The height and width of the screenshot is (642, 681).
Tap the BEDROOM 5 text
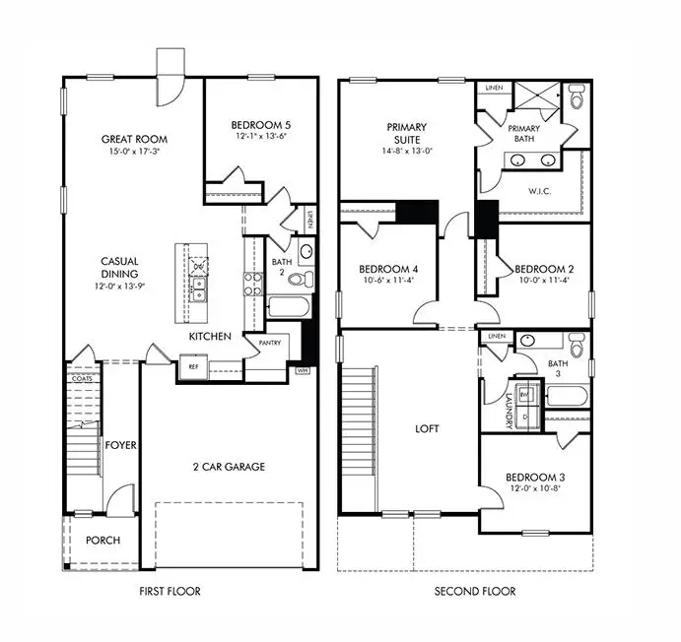(x=260, y=125)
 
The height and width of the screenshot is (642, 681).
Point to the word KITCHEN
(x=210, y=337)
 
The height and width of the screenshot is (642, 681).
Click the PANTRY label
(x=272, y=344)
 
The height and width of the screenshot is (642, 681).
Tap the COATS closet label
(x=83, y=377)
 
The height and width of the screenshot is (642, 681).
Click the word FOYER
(x=121, y=445)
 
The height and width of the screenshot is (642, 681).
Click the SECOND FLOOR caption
(x=475, y=592)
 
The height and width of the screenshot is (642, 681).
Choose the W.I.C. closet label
(x=540, y=190)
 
